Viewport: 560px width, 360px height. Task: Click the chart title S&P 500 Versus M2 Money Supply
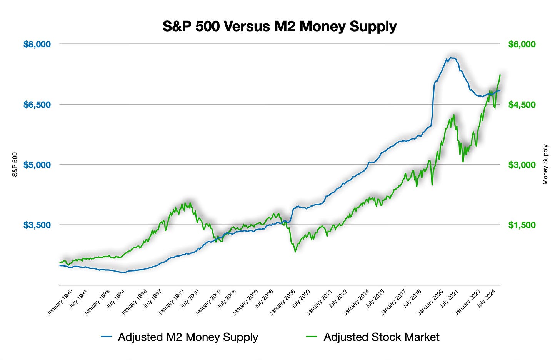click(x=280, y=27)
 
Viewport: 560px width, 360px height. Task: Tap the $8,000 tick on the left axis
click(x=37, y=44)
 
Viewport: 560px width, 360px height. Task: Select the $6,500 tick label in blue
click(x=37, y=105)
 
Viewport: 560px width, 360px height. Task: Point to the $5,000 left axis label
click(x=37, y=165)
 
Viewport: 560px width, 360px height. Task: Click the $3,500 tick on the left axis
click(x=37, y=225)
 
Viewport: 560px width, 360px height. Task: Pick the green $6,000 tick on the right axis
click(x=522, y=44)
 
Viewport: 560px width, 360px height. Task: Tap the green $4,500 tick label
click(x=522, y=105)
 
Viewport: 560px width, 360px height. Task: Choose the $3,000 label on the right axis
click(x=522, y=165)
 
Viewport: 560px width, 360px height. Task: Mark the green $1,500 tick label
click(x=522, y=225)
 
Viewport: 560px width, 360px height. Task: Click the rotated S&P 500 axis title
click(x=15, y=165)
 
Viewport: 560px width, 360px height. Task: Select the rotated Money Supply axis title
click(x=545, y=165)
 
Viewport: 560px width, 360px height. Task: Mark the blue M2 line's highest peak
click(x=452, y=58)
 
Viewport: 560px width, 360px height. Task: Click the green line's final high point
click(x=500, y=75)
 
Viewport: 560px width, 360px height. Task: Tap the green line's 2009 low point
click(x=295, y=252)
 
